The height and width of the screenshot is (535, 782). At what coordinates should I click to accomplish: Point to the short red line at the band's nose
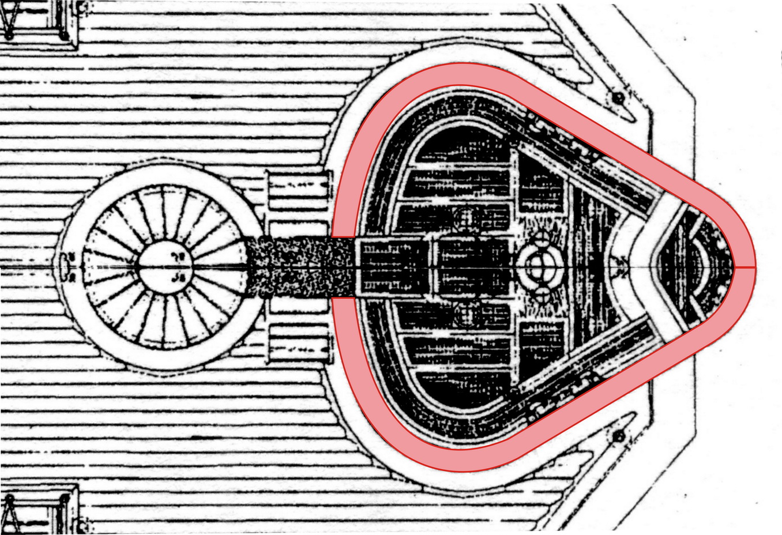744,267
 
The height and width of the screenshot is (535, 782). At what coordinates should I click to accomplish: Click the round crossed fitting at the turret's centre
539,267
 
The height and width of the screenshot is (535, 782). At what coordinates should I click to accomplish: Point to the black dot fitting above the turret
618,96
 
